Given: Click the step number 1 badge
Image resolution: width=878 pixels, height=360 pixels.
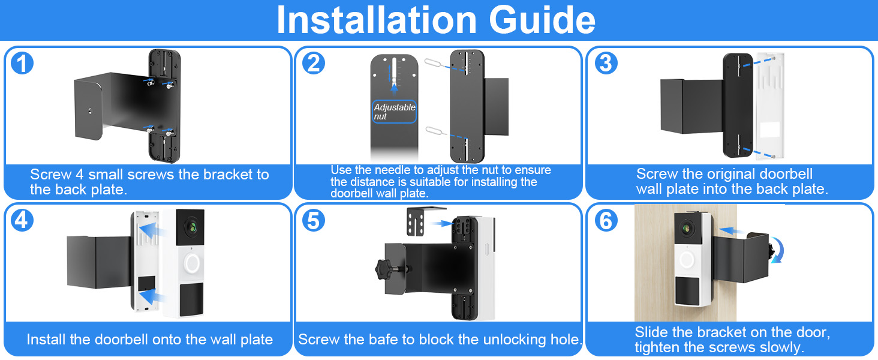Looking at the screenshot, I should click(22, 64).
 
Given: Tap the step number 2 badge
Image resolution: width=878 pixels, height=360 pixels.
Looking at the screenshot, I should click(313, 64).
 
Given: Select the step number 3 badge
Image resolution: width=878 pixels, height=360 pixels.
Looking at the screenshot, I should click(605, 64).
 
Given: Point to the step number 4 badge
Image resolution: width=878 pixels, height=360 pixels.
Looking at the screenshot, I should click(22, 221).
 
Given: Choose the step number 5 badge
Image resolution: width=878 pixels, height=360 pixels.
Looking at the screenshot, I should click(313, 221).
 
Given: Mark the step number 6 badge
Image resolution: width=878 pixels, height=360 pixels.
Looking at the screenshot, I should click(605, 221).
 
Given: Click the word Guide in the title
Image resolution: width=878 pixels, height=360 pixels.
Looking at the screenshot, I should click(542, 20).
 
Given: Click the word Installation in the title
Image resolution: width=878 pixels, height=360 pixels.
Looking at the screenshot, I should click(377, 20).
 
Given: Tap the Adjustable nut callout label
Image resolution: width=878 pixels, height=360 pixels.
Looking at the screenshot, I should click(394, 112).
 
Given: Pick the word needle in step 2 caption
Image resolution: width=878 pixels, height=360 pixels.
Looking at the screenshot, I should click(396, 170).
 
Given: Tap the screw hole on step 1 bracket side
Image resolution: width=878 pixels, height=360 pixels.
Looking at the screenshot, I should click(89, 112).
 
